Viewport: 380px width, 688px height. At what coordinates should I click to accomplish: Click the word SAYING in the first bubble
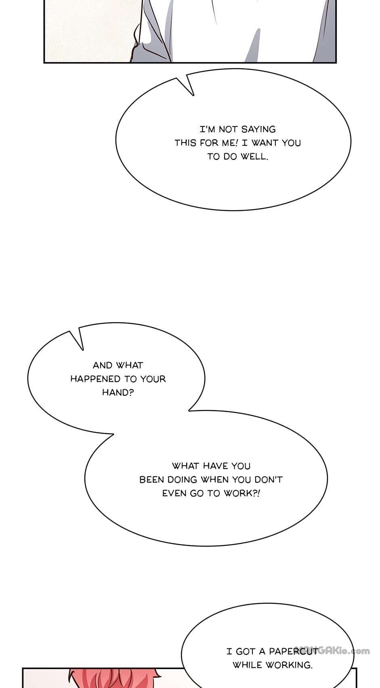coord(258,129)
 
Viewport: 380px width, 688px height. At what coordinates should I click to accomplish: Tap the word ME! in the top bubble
coord(230,143)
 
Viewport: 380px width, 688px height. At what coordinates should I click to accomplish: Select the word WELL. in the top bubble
coord(254,157)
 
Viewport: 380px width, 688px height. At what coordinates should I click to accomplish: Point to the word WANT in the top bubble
coord(265,143)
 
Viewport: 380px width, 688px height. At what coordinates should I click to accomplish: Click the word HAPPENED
coord(95,379)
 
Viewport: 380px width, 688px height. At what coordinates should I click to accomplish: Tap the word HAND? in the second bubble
coord(118,393)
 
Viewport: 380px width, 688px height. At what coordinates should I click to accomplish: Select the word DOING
coord(182,479)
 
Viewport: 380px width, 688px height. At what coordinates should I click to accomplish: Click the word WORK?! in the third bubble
coord(242,493)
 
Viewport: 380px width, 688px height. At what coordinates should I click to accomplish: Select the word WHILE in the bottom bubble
coord(247,665)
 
